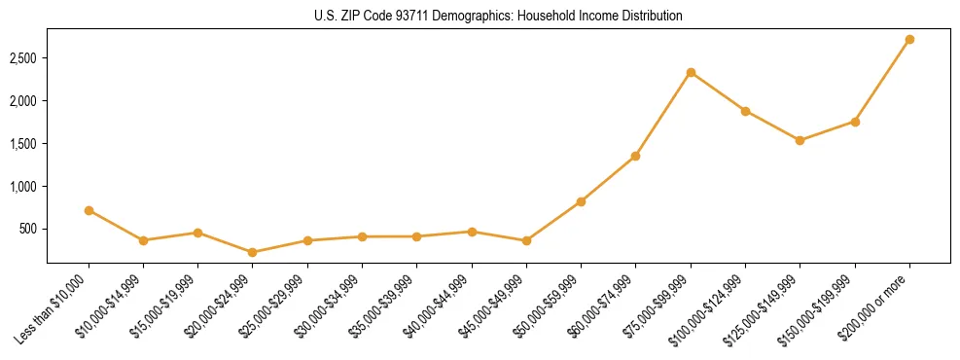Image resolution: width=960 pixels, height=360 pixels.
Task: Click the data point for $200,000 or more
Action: point(909,40)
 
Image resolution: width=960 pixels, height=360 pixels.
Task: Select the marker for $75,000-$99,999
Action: point(691,72)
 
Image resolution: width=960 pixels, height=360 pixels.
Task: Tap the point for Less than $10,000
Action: point(89,210)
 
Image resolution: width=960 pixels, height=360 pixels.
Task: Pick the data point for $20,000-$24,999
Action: point(253,252)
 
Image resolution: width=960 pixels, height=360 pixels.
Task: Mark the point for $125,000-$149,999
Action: point(800,140)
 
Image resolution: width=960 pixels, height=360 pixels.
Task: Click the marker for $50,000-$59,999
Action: point(581,201)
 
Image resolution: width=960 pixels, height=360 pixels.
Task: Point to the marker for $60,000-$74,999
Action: point(635,156)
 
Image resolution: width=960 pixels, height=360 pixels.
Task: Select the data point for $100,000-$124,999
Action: point(745,111)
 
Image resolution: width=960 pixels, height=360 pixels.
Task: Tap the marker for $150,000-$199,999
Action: point(855,122)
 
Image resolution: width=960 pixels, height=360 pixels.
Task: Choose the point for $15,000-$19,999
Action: point(197,233)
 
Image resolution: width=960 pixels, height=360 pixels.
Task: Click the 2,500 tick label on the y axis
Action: point(22,58)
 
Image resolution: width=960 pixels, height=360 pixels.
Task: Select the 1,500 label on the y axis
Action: point(22,144)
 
